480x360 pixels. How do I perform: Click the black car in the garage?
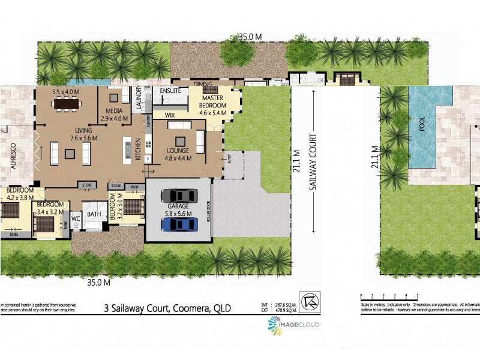pyautogui.click(x=179, y=196)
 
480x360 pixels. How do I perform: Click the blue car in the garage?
pyautogui.click(x=179, y=224)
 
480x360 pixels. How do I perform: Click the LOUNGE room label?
pyautogui.click(x=178, y=151)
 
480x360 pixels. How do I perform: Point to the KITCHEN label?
pyautogui.click(x=137, y=148)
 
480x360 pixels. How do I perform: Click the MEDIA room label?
pyautogui.click(x=114, y=111)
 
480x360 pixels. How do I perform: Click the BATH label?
pyautogui.click(x=94, y=214)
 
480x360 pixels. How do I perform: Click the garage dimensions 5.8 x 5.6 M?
pyautogui.click(x=178, y=213)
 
